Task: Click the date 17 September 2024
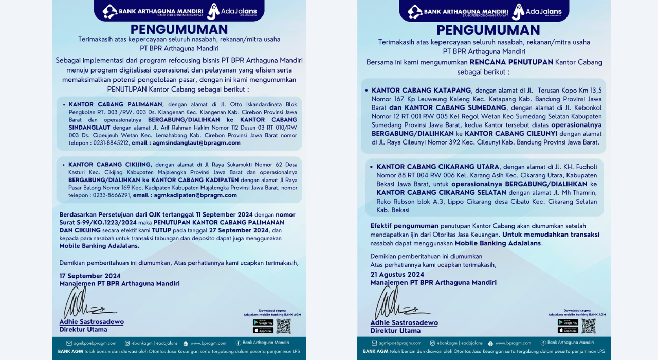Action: [90, 276]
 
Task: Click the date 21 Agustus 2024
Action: [397, 274]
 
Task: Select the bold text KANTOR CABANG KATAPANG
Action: [421, 90]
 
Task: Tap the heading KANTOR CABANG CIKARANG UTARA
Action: [437, 167]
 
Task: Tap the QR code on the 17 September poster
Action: [283, 326]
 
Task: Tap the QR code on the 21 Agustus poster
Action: [588, 326]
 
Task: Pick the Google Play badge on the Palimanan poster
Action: [263, 322]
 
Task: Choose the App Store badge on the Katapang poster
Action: [568, 330]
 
